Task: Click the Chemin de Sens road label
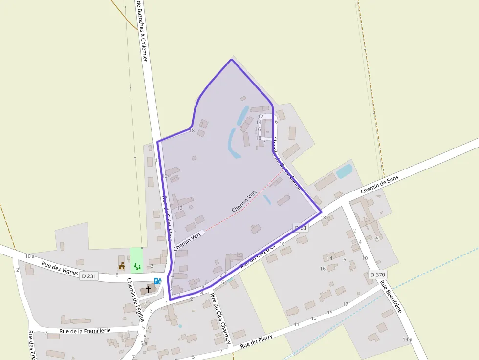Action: tap(380, 184)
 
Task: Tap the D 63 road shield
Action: tap(301, 228)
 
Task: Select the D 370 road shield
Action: tap(378, 275)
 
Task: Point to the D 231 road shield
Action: tap(89, 276)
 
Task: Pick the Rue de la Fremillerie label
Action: tap(85, 331)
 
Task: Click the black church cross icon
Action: tap(149, 290)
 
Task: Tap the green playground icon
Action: tap(137, 266)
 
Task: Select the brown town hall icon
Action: tap(122, 266)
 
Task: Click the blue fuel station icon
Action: tap(157, 281)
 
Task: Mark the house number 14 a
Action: tap(408, 339)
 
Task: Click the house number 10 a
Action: tap(30, 256)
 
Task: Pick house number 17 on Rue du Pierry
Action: tap(345, 304)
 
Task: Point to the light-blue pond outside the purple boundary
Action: tap(344, 171)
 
